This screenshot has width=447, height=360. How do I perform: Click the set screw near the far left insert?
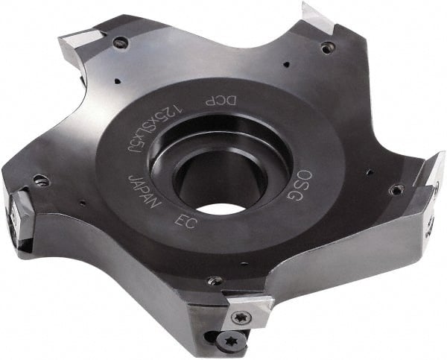click(41, 181)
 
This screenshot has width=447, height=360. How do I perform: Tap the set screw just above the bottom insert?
click(216, 281)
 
